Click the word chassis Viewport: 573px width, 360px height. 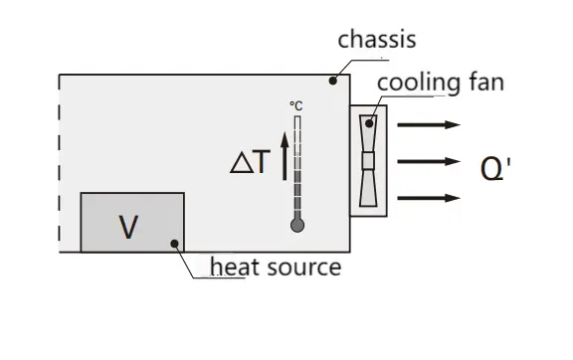click(376, 40)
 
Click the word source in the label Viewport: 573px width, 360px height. click(300, 267)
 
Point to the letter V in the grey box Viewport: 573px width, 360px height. click(128, 228)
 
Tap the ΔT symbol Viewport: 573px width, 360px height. click(249, 162)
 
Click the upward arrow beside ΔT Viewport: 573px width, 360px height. click(283, 159)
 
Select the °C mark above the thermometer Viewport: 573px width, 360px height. click(295, 105)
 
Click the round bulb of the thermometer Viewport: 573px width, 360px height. click(296, 225)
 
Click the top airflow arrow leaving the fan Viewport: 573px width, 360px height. click(429, 125)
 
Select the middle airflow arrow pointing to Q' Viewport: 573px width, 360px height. click(429, 161)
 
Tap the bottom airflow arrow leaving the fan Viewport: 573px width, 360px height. click(429, 198)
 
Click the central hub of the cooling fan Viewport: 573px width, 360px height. click(370, 160)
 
